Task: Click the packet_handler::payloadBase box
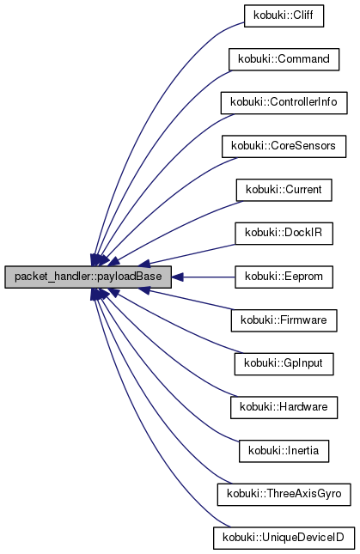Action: click(88, 277)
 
